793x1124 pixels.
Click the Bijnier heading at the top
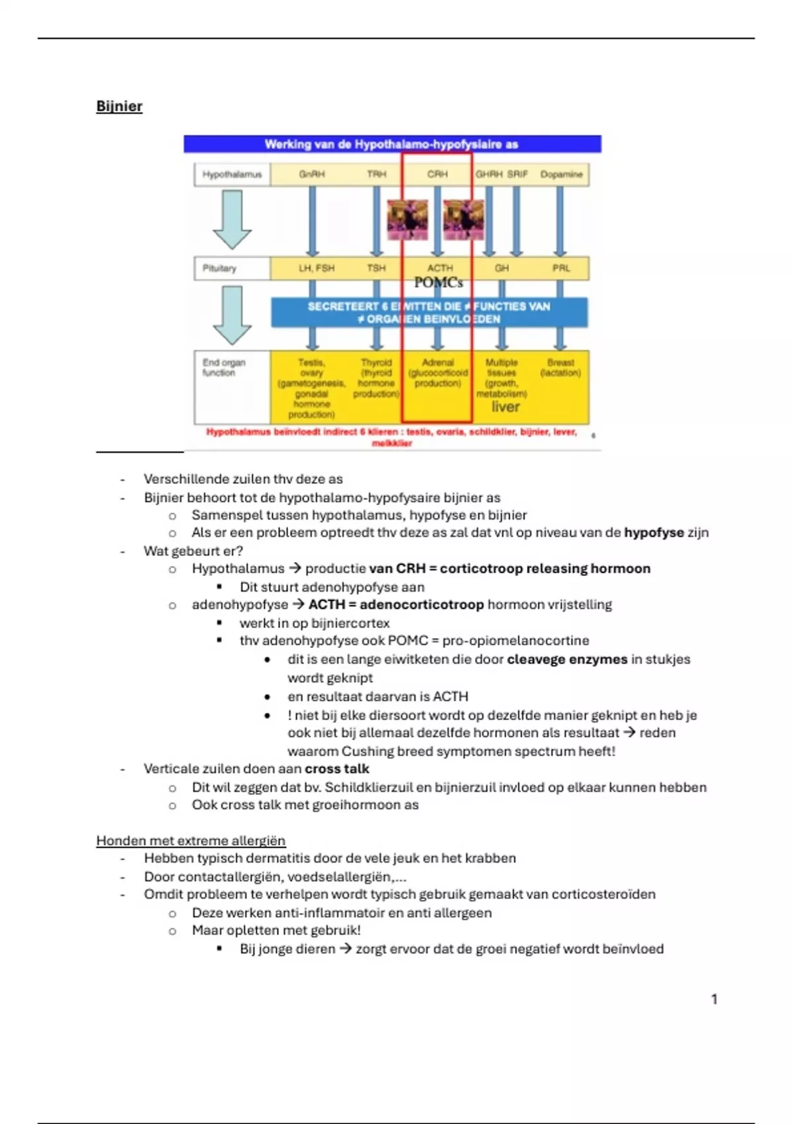119,106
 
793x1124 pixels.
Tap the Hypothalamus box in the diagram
232,175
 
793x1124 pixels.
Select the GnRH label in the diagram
312,175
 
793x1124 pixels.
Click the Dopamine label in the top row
561,175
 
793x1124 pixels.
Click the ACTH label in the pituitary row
440,268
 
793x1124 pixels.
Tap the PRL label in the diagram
561,268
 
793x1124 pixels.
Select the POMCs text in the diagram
438,283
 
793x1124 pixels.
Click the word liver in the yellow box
506,407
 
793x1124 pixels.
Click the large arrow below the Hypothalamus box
232,219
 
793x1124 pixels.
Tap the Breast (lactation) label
560,368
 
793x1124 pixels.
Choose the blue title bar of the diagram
392,144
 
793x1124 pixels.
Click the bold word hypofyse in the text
654,533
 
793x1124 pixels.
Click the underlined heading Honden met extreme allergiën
191,840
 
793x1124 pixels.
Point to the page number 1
714,999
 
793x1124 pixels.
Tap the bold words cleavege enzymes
567,659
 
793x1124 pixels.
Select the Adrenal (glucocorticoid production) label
437,373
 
